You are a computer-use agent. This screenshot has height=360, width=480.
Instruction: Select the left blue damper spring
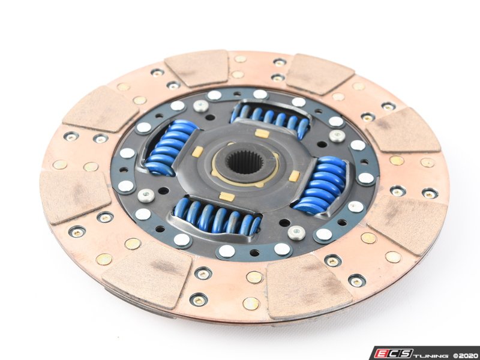pos(171,148)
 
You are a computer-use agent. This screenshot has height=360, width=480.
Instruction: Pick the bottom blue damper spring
pos(217,215)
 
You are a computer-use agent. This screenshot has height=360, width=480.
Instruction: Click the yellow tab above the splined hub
pos(262,133)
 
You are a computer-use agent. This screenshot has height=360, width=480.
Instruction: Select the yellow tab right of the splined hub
pos(295,176)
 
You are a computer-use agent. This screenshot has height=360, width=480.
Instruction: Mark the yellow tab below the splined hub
pos(227,197)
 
